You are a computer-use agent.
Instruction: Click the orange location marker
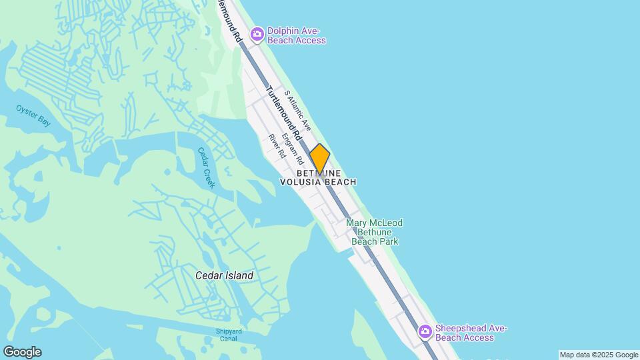click(x=320, y=159)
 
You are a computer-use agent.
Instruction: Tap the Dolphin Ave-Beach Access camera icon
click(x=257, y=34)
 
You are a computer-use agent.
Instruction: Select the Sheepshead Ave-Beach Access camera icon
click(x=425, y=331)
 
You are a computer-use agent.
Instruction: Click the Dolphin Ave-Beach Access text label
click(x=297, y=36)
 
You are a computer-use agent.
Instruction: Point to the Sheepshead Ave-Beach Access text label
click(x=471, y=333)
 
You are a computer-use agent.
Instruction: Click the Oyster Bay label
click(x=33, y=115)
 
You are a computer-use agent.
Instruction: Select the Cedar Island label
click(x=224, y=275)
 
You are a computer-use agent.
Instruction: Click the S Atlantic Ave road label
click(x=298, y=109)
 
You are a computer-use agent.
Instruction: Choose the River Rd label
click(x=277, y=146)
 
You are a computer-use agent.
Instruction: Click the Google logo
click(x=21, y=352)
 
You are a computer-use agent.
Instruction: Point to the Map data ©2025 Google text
click(x=599, y=355)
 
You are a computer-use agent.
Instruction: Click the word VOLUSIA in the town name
click(x=301, y=182)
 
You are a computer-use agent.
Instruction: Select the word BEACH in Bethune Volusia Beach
click(x=341, y=182)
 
